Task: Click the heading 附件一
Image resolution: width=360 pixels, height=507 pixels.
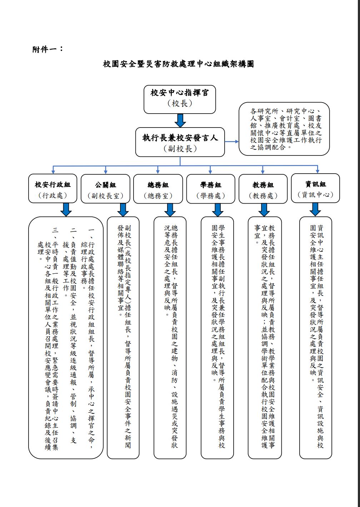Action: pos(48,49)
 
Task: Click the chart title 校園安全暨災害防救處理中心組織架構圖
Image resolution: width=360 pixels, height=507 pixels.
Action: pos(179,64)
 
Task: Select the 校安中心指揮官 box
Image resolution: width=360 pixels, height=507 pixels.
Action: pos(180,99)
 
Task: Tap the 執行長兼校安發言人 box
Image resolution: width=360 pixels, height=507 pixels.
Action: pos(180,142)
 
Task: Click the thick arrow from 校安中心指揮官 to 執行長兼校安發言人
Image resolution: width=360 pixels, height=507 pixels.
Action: pos(180,120)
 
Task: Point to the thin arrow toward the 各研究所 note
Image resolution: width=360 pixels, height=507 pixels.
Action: pos(232,142)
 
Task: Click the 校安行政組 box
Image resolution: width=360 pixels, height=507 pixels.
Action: pos(53,188)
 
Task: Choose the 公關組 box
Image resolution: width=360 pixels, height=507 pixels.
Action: pos(105,189)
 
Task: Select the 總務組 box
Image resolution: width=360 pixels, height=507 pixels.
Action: pos(158,189)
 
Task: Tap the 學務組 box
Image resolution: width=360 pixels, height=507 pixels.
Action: pos(211,189)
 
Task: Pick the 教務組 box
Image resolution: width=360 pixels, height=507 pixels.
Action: pos(263,189)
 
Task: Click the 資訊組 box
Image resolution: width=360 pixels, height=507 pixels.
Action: pos(315,188)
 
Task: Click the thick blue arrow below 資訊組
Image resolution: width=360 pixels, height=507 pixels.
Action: pos(315,209)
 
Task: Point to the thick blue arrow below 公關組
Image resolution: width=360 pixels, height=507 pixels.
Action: pos(123,210)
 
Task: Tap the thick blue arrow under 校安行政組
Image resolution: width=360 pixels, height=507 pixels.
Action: pos(66,210)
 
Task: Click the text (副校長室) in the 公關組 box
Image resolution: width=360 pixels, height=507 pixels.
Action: pos(105,196)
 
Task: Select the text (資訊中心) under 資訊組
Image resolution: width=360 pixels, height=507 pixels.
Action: pos(315,195)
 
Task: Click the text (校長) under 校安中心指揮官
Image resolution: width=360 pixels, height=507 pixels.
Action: pos(180,104)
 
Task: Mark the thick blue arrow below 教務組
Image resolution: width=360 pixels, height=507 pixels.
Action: pos(264,210)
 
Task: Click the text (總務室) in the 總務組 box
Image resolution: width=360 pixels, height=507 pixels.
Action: pos(158,196)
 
